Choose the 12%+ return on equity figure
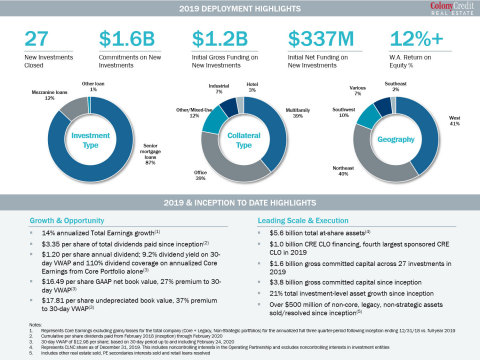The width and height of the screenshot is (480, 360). [413, 40]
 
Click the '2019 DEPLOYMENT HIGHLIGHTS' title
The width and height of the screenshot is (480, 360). [239, 8]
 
